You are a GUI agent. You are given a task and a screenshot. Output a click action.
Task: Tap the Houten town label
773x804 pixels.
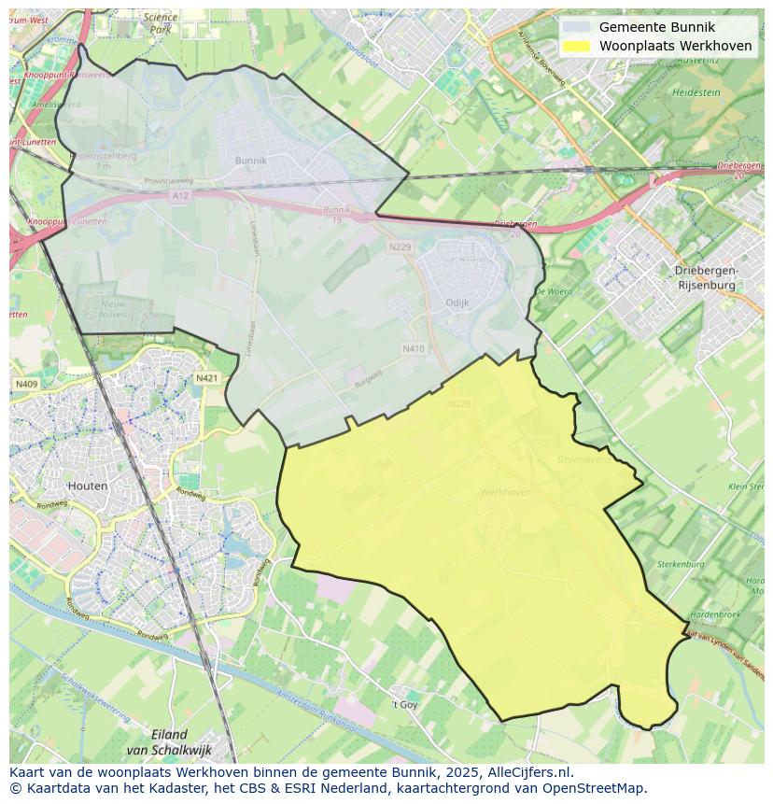(x=88, y=486)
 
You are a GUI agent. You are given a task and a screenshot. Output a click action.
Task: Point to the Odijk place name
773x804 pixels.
(x=457, y=303)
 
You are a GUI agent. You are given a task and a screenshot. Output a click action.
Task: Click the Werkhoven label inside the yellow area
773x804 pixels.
(x=505, y=492)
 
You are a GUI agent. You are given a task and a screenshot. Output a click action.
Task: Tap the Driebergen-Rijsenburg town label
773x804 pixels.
(x=706, y=276)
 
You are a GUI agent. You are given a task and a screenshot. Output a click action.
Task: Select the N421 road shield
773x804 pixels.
(x=206, y=378)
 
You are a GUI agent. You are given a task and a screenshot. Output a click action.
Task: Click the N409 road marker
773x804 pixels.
(x=25, y=384)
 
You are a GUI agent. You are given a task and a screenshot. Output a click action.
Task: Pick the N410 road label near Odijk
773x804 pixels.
(x=413, y=348)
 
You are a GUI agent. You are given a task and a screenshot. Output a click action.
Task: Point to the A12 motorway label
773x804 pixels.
(x=180, y=195)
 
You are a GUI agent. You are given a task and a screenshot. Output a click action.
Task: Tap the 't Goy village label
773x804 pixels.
(x=404, y=704)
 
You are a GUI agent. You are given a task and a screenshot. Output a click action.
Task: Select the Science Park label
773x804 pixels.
(x=162, y=23)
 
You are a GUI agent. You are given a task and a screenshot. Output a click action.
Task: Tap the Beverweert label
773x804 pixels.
(x=583, y=459)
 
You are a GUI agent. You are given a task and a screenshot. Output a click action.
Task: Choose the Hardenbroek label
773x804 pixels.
(x=715, y=614)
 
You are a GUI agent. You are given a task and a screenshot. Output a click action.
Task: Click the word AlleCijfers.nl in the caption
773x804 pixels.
(x=525, y=772)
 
